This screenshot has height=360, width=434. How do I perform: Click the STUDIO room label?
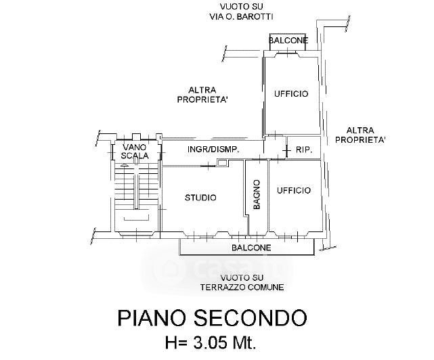pos(200,198)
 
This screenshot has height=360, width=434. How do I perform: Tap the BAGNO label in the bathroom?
pos(257,194)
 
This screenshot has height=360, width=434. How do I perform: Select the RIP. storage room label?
pos(304,150)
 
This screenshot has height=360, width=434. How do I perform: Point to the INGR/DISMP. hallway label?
pos(213,150)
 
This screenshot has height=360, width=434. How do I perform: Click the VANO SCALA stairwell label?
pos(135,151)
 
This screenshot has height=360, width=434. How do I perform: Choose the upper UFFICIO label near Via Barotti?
pos(291,94)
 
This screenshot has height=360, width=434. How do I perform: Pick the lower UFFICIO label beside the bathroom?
pos(294,190)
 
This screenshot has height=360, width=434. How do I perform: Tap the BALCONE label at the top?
pos(288,41)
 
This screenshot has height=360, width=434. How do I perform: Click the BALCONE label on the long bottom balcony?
pos(251,248)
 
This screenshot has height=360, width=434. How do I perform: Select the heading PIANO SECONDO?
pos(213,318)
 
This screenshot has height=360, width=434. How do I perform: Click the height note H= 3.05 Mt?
pos(211,343)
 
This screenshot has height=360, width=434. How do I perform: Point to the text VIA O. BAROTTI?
pos(241,17)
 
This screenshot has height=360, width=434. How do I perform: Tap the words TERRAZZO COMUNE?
pos(242,287)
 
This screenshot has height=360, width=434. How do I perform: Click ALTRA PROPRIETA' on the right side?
pos(360,135)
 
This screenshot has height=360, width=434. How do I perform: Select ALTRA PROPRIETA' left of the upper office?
pos(202,95)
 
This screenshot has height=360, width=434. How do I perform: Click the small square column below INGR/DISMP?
pos(222,162)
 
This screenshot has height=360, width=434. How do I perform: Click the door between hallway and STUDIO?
pos(208,166)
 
